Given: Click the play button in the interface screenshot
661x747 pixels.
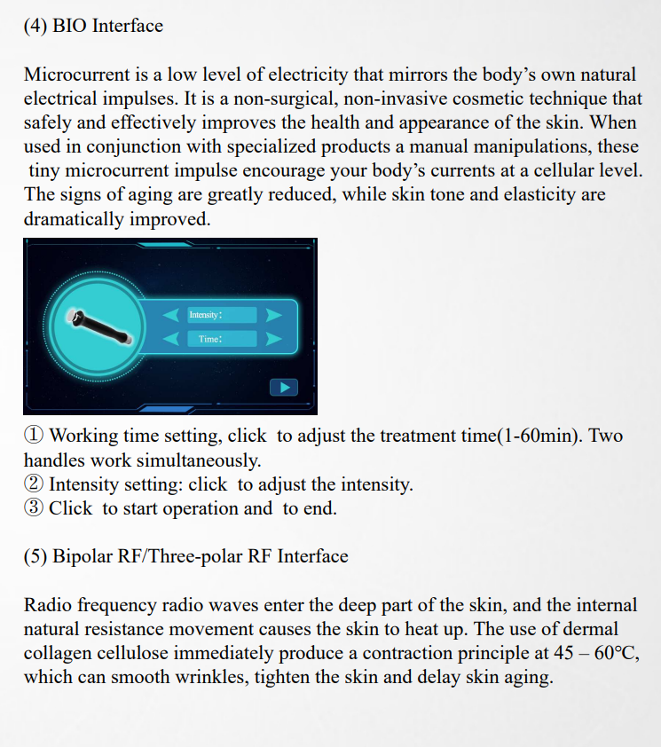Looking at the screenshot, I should click(284, 387).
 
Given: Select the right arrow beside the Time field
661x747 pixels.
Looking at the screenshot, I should click(274, 339).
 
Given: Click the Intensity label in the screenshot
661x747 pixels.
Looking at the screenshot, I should click(205, 315).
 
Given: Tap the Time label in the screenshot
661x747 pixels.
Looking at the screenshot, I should click(209, 339).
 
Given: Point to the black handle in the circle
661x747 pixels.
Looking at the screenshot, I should click(101, 325).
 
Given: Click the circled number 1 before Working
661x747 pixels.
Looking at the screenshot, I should click(34, 436).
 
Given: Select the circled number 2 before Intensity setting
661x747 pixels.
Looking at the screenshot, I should click(34, 484).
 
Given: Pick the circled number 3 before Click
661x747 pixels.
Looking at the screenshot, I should click(34, 508).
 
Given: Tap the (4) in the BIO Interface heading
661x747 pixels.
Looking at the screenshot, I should click(35, 26).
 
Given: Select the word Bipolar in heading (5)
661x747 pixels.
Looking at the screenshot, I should click(87, 557).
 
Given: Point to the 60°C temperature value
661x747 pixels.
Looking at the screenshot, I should click(614, 654).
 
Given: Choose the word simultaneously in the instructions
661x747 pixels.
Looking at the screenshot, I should click(203, 460).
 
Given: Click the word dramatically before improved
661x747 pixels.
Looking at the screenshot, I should click(74, 218).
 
